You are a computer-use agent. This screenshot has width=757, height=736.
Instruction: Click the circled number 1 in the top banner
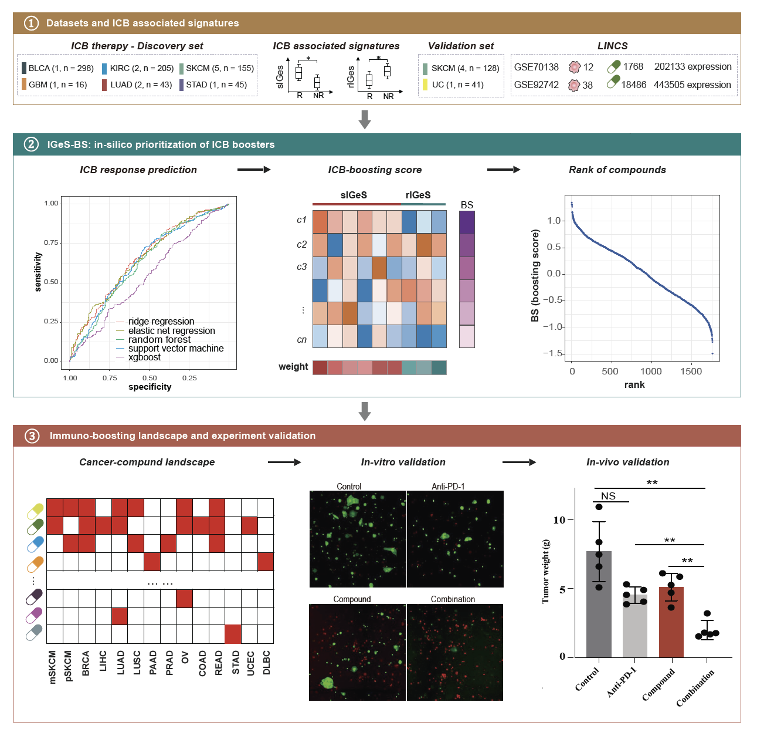point(30,23)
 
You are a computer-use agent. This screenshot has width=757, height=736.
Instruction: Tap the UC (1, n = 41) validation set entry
point(457,85)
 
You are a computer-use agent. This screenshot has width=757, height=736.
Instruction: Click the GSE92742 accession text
point(536,85)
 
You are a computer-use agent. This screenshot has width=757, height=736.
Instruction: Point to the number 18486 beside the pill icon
point(633,85)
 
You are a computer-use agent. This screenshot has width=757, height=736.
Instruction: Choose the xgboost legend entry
point(144,357)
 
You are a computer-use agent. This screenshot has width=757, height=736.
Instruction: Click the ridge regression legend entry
point(161,322)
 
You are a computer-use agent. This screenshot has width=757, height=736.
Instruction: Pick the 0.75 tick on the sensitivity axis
point(52,242)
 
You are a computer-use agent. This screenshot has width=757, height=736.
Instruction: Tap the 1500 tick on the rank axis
point(691,371)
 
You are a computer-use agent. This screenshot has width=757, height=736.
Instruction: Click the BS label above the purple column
point(467,205)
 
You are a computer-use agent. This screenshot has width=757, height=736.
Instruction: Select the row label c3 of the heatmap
point(301,267)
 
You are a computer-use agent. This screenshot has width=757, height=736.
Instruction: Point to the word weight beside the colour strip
point(293,367)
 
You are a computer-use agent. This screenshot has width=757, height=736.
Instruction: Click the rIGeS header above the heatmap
point(418,195)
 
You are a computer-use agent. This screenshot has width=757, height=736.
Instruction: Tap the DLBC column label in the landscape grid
point(266,663)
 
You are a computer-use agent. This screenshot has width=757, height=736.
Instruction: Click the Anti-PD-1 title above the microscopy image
point(448,486)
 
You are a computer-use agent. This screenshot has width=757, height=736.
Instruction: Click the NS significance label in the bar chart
point(608,497)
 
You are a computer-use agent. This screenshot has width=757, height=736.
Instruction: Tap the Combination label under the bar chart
point(695,688)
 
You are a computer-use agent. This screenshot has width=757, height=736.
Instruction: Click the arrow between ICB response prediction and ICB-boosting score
point(254,170)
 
